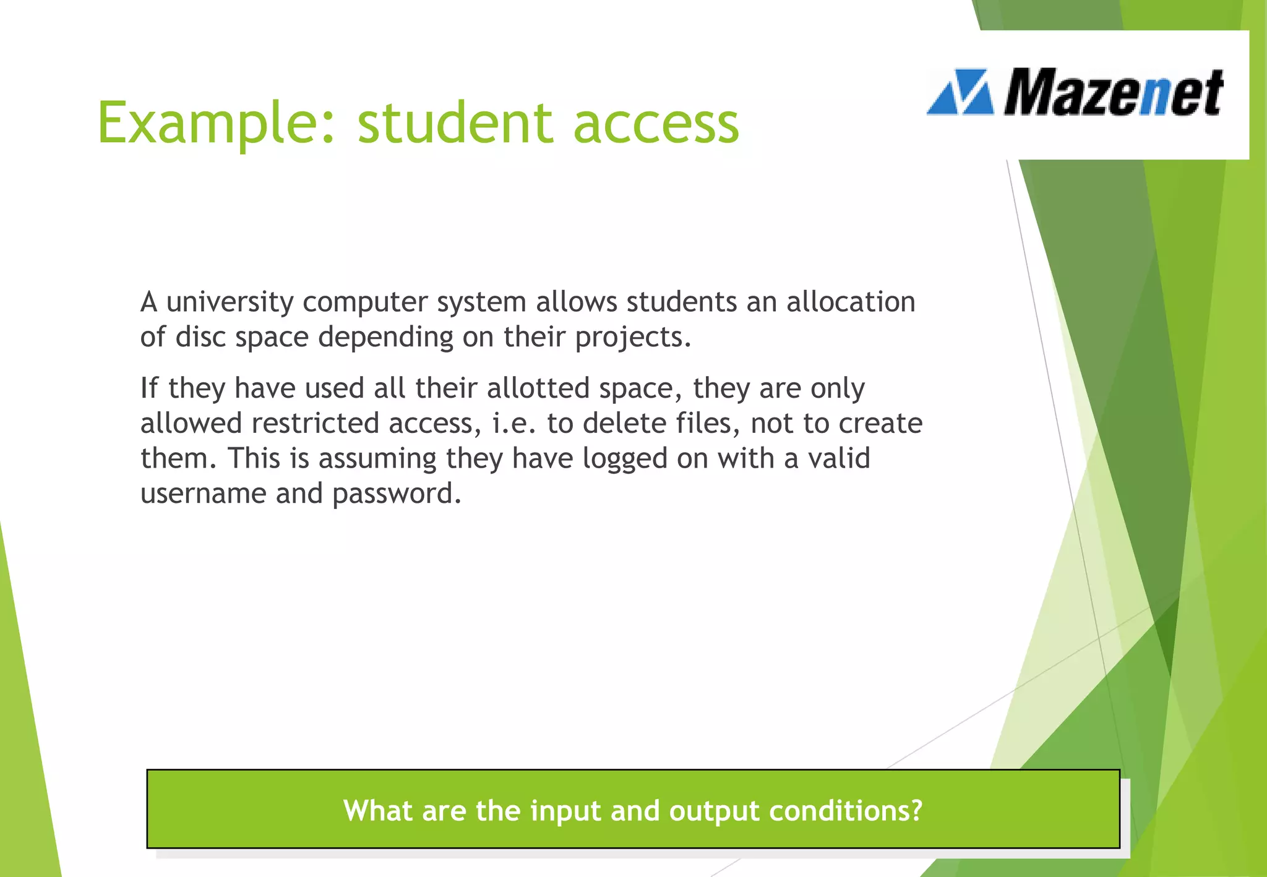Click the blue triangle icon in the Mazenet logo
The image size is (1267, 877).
tap(960, 93)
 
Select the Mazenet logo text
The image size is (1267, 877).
tap(1112, 93)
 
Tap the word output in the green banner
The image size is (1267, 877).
tap(713, 811)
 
